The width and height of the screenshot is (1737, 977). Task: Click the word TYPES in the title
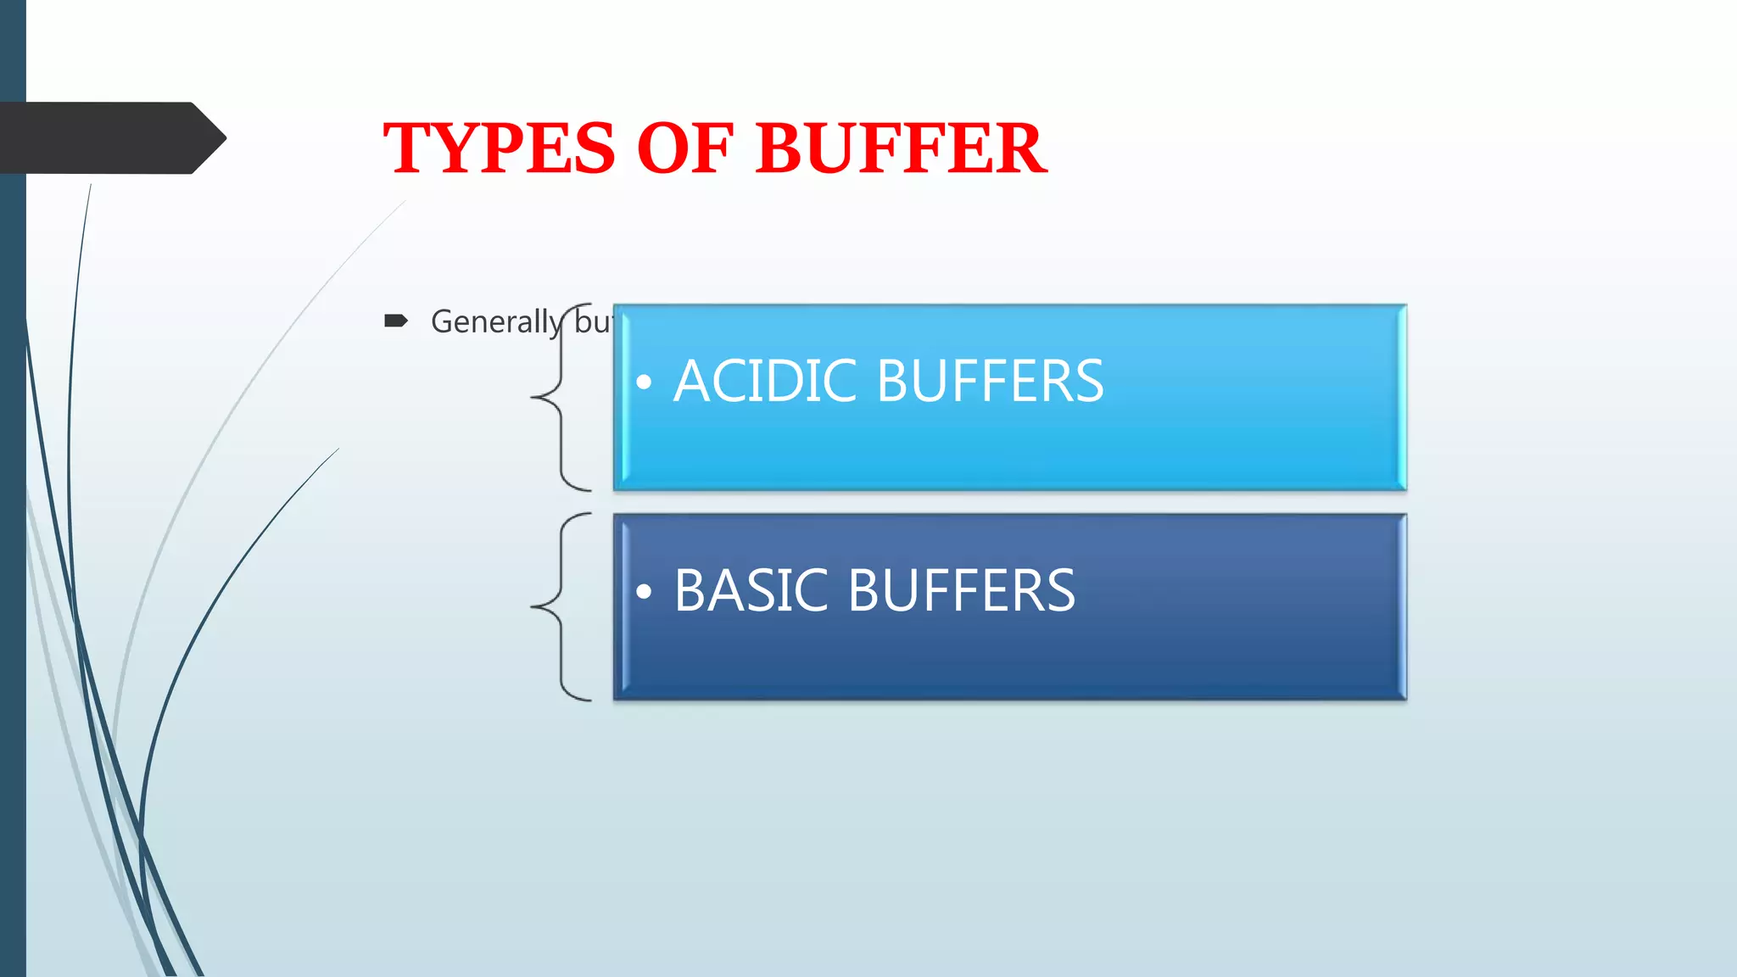coord(499,148)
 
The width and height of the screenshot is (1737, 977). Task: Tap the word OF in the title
coord(684,148)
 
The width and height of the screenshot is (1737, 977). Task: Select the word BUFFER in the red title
coord(902,148)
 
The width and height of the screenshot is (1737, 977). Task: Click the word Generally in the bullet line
coord(495,322)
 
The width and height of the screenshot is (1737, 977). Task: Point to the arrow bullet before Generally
coord(395,321)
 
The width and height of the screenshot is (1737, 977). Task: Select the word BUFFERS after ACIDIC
coord(991,381)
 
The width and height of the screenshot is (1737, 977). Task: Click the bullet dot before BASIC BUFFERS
coord(644,592)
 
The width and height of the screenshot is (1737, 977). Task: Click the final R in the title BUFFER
coord(1020,148)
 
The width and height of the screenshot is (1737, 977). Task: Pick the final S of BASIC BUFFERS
coord(1060,590)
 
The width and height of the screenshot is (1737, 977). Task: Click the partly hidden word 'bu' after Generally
coord(593,322)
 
